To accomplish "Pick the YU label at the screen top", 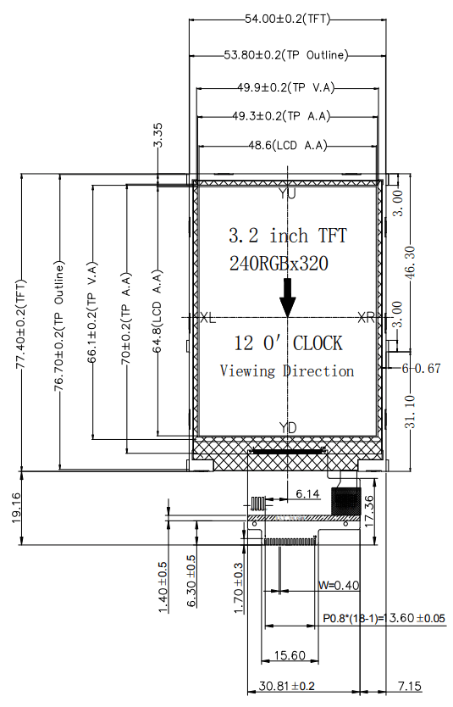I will [x=287, y=194].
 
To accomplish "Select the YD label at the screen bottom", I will [x=288, y=428].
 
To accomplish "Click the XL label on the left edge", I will [x=207, y=318].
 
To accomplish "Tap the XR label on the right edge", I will [x=367, y=318].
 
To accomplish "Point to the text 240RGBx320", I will [x=279, y=263].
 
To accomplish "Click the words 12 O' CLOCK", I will [x=288, y=343].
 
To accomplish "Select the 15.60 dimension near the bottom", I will [x=291, y=655].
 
